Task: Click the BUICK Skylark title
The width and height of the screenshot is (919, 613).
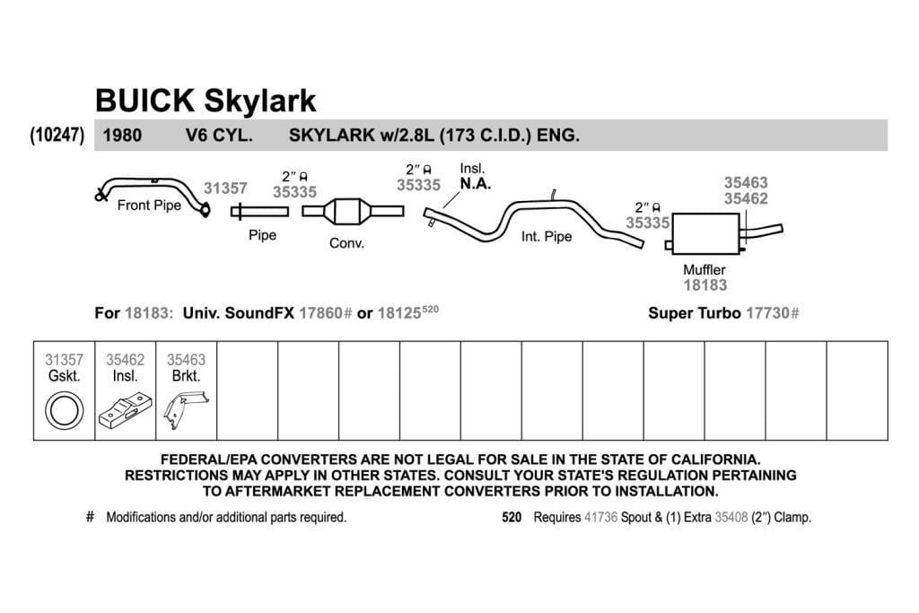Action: click(x=206, y=101)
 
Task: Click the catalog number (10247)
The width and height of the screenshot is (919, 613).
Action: click(x=57, y=135)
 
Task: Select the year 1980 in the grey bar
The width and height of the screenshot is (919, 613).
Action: click(x=122, y=136)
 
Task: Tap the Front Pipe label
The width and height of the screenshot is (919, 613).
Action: click(x=149, y=206)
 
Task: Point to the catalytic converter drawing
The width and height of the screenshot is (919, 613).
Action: click(x=353, y=211)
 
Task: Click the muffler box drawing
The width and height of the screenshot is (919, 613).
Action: click(x=705, y=233)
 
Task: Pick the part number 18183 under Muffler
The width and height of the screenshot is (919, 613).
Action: click(x=705, y=285)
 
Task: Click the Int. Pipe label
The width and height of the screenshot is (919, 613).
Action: click(x=547, y=237)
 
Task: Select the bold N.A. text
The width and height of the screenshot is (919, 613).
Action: click(x=476, y=184)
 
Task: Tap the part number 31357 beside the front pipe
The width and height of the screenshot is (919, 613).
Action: click(x=225, y=188)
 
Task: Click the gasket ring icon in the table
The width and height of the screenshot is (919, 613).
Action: click(x=65, y=409)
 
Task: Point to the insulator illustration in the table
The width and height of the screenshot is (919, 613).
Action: click(x=125, y=410)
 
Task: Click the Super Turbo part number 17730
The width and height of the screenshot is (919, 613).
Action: click(x=768, y=313)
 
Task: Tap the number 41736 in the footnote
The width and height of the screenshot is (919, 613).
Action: click(x=600, y=518)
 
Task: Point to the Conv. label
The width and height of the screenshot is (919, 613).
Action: click(x=346, y=243)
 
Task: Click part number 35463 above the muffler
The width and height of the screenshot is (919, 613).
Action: click(x=746, y=183)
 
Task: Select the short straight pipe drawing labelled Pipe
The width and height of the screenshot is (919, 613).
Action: click(x=259, y=211)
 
